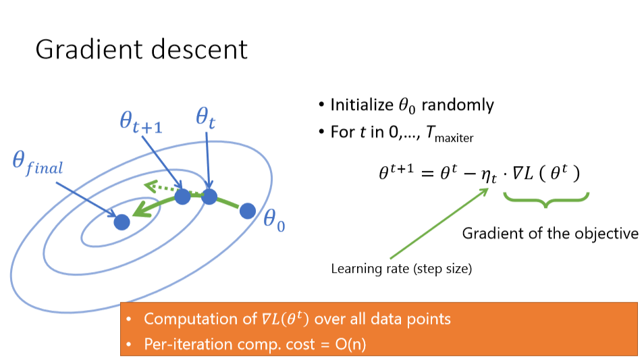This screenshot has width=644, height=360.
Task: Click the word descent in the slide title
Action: [203, 49]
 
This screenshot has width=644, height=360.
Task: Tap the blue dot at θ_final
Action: [122, 222]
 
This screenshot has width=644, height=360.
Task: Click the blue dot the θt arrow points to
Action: [209, 197]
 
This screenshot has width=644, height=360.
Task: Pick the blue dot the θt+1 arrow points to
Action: [182, 197]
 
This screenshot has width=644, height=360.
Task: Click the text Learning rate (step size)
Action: [401, 269]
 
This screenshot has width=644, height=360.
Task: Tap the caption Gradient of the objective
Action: [550, 234]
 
